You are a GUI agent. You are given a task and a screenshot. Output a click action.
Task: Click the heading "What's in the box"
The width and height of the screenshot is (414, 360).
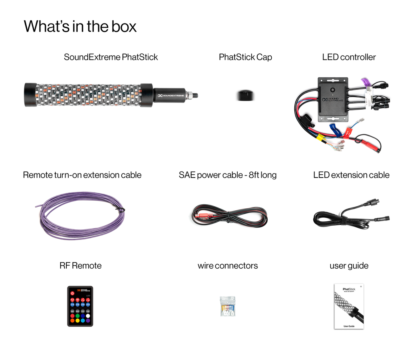coord(80,26)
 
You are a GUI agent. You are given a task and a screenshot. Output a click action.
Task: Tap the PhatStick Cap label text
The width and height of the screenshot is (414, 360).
coord(245,57)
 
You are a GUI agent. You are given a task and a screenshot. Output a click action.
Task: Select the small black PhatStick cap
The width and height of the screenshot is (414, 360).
coord(245,95)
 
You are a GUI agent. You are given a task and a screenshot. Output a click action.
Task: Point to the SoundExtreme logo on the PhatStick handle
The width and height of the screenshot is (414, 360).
coord(170,96)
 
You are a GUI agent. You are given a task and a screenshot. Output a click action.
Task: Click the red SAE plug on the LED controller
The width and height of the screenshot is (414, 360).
coord(371,144)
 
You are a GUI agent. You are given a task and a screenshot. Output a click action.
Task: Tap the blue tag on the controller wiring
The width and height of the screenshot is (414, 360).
coord(335,130)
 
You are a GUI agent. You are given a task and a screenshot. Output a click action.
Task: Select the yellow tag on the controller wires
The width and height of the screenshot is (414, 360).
coord(319,137)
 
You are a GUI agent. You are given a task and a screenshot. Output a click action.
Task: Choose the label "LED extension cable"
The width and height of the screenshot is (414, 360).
coord(351,175)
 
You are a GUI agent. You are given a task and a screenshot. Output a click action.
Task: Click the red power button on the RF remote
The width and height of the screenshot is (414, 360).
coord(72,293)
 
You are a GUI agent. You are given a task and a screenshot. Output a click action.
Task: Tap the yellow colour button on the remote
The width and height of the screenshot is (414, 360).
coord(78,320)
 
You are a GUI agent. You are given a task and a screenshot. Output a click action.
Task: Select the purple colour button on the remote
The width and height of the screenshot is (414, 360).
coord(88,320)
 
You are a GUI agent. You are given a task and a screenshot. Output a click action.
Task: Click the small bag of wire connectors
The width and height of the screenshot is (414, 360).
coord(228,306)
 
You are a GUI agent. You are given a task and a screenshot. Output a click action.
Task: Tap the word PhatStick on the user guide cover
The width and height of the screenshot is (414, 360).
coord(349,289)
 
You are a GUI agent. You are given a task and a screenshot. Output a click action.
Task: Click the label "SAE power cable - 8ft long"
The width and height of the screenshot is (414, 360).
coord(228,175)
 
